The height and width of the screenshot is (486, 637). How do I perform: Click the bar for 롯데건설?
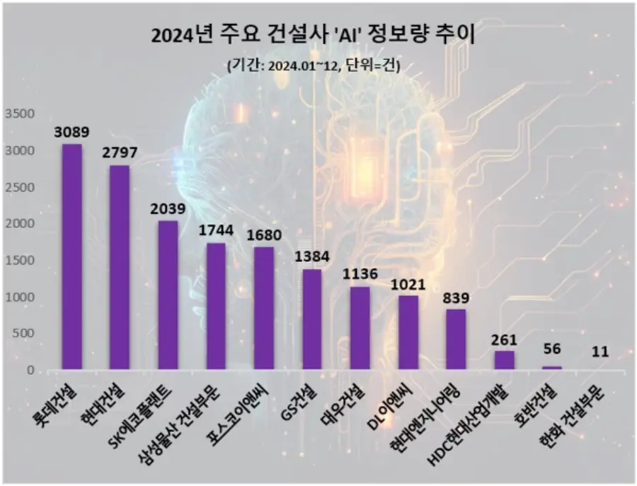click(x=71, y=256)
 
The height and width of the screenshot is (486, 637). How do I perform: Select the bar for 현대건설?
click(x=120, y=267)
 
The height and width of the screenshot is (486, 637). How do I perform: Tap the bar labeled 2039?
click(x=168, y=295)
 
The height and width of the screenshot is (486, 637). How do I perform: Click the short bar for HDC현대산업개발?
click(x=505, y=360)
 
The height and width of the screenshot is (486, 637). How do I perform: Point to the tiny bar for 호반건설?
click(x=552, y=368)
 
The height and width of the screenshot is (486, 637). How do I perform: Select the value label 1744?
click(x=216, y=232)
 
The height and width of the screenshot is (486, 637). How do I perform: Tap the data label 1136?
click(x=360, y=274)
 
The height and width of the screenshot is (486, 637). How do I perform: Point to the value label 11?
click(x=600, y=351)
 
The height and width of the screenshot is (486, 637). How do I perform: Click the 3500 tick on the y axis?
click(x=19, y=114)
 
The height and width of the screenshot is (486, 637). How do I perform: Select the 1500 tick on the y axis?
click(x=19, y=261)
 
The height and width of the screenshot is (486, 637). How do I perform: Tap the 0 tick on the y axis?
click(x=30, y=371)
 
